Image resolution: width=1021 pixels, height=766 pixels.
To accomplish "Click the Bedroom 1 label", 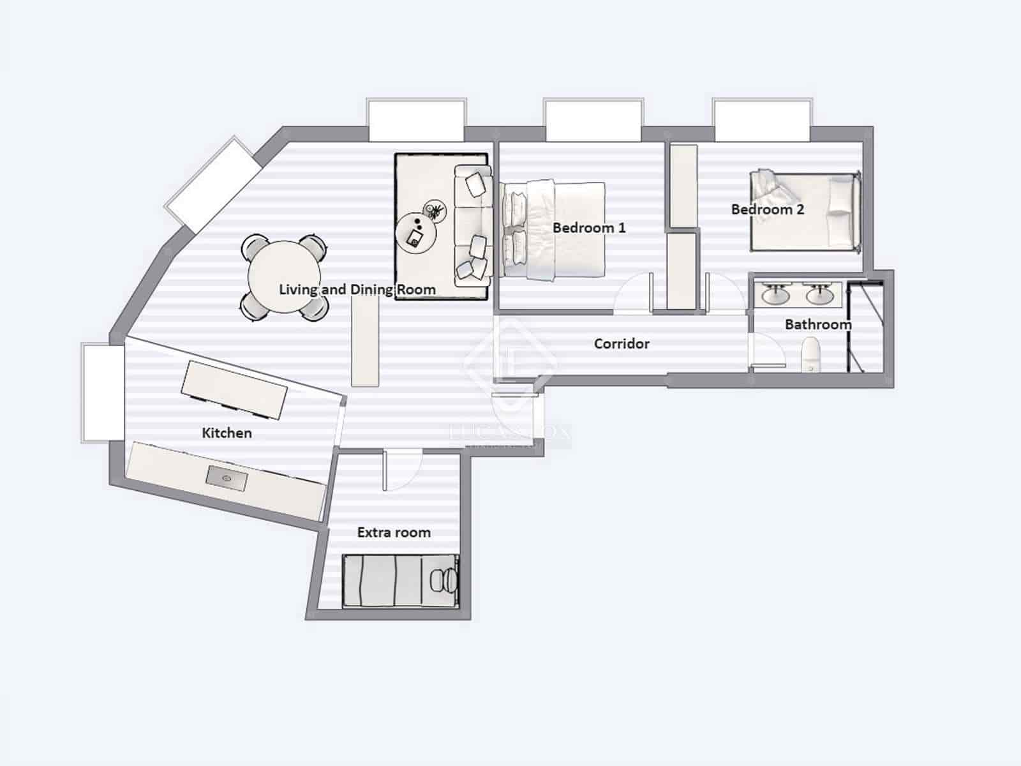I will tap(589, 228).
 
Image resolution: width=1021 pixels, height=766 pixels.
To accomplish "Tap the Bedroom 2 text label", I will tap(768, 209).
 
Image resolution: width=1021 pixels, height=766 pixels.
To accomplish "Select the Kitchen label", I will tap(227, 433).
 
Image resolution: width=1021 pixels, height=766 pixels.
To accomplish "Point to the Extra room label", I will tap(394, 532).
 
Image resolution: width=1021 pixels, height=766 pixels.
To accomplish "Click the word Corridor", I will tap(622, 344).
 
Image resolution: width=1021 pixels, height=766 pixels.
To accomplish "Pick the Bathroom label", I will tap(817, 324).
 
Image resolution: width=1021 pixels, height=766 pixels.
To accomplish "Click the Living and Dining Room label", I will tap(357, 290).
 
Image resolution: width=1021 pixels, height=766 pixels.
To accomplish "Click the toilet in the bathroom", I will tap(810, 355).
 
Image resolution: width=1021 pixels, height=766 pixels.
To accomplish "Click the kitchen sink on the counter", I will tap(227, 478).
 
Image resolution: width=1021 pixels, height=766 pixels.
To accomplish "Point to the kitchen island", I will tap(234, 389).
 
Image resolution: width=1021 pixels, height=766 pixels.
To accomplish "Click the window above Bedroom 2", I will tap(762, 120).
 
